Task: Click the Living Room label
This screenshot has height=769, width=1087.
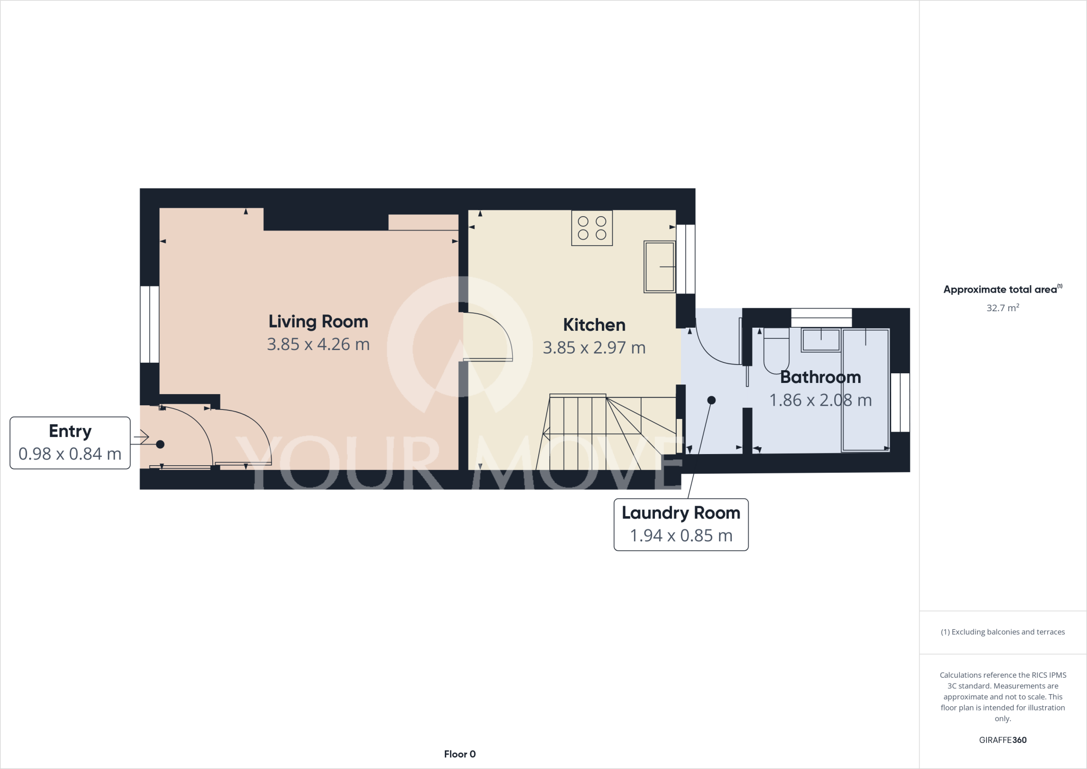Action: (318, 321)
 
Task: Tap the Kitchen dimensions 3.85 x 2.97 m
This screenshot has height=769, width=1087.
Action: (594, 348)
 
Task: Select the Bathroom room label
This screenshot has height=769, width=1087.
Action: (820, 377)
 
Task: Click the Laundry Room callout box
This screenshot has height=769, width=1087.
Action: (680, 524)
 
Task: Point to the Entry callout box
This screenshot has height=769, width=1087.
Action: (70, 442)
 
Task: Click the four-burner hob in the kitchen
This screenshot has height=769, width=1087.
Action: (592, 228)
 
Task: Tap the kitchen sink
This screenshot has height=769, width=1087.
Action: (659, 267)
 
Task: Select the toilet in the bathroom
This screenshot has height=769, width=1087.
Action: (776, 351)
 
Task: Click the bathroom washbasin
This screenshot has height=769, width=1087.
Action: (821, 340)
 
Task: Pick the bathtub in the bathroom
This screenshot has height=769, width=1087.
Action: (865, 390)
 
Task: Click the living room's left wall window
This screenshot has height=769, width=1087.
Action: (150, 324)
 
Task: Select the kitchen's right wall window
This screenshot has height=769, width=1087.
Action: (685, 259)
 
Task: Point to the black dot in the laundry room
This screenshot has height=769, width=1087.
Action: (711, 400)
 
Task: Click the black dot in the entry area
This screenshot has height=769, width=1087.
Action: (160, 444)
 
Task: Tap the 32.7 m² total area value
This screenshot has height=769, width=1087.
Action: (1002, 308)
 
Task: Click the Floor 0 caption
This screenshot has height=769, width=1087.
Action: (460, 754)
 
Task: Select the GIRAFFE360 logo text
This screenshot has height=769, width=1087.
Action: (1003, 740)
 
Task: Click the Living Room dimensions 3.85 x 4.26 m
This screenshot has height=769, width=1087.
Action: (318, 345)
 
